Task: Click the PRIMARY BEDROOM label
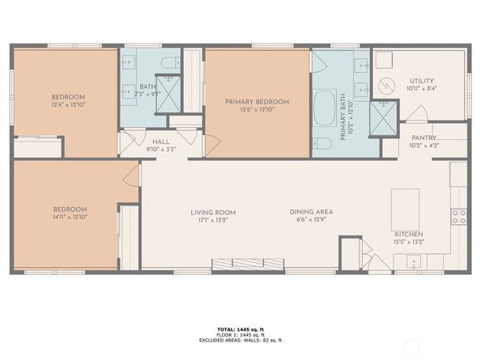click(257, 102)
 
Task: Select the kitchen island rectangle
click(405, 210)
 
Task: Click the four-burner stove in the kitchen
click(458, 216)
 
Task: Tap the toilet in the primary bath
click(321, 145)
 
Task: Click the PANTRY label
click(424, 138)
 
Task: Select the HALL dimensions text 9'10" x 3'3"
click(160, 149)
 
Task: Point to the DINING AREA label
click(312, 212)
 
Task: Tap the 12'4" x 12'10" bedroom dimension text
click(68, 104)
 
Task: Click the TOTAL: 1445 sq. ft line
click(240, 329)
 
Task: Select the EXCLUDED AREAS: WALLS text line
click(240, 340)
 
